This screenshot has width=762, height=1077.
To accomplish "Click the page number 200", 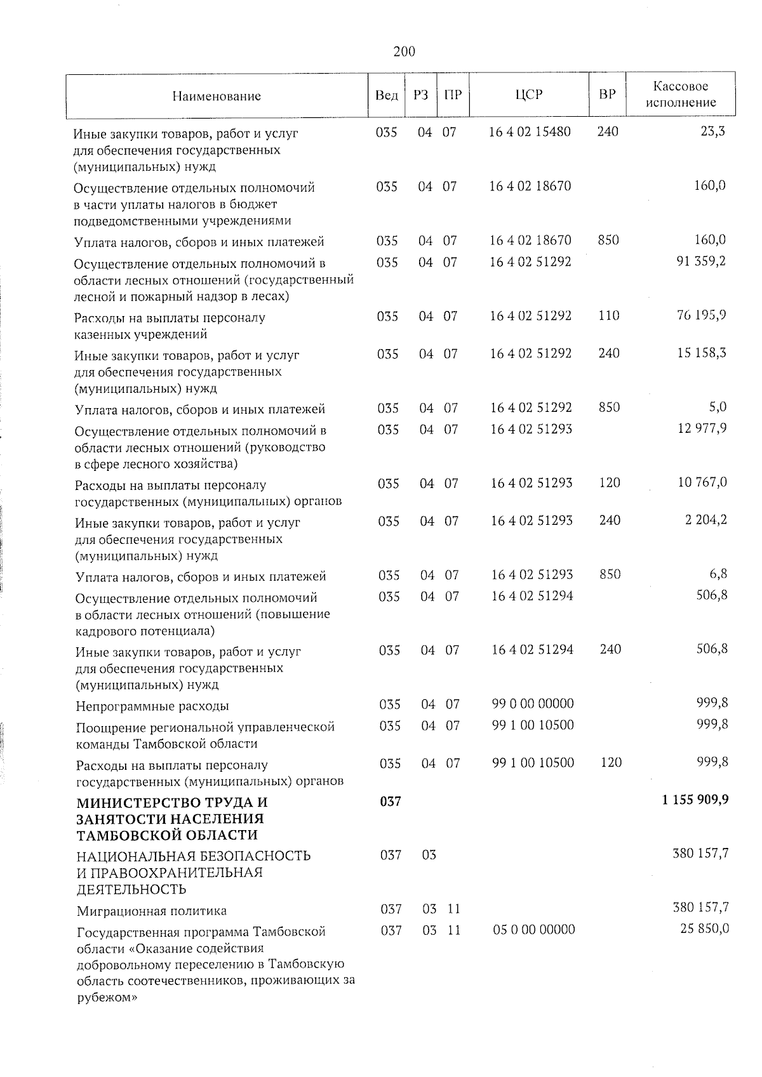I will coord(404,51).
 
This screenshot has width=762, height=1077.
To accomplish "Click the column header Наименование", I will coord(217,96).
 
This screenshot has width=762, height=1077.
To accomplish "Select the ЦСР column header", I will coord(529,95).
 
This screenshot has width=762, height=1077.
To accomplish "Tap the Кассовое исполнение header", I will coord(681,95).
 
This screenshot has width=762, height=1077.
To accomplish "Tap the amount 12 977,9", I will coord(702,428).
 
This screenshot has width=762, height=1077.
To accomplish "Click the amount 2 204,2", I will coord(705,520).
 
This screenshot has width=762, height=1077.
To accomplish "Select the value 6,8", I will coord(719,574).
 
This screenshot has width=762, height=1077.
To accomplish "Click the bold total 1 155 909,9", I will coord(695,800).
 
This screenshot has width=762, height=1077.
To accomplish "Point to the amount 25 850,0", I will coord(704,929).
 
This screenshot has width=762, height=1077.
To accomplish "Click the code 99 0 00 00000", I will coord(533,704).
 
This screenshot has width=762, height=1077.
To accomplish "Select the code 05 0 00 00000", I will coord(534,930).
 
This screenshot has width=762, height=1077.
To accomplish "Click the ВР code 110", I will coord(609,315).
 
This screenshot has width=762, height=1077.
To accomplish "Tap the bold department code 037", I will coord(390,802).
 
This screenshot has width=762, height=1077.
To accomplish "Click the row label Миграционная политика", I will coord(152,911).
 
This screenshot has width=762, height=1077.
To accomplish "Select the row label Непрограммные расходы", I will coord(152,706).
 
